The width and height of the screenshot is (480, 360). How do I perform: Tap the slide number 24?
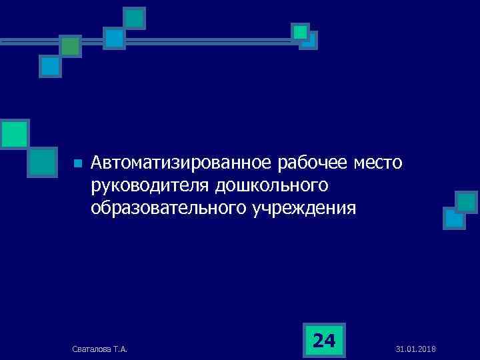click(324, 341)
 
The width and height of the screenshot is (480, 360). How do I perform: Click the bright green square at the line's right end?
click(301, 31)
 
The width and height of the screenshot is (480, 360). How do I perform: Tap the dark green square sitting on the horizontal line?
click(70, 45)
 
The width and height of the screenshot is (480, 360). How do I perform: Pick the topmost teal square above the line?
click(135, 18)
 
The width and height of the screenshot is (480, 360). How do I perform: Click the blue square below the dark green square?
click(50, 66)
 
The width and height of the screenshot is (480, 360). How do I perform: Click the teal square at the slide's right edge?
click(466, 202)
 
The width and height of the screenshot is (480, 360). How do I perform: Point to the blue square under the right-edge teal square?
click(454, 218)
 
